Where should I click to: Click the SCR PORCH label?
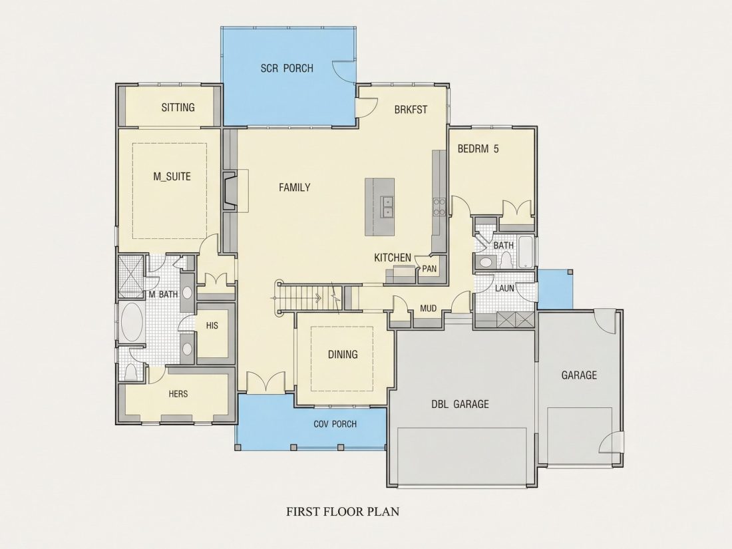tap(287, 68)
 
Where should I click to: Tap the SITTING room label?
tap(178, 107)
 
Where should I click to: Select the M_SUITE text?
tap(172, 176)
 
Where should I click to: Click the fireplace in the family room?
tap(229, 191)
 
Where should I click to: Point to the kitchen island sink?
tap(387, 207)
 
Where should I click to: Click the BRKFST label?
tap(411, 110)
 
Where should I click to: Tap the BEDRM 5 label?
tap(478, 149)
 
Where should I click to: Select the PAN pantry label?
tap(429, 269)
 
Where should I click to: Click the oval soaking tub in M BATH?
tap(132, 322)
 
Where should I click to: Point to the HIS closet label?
tap(212, 325)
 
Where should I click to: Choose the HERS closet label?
tap(178, 394)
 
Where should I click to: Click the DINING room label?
tap(343, 354)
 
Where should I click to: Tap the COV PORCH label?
tap(335, 425)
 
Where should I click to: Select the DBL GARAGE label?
tap(460, 405)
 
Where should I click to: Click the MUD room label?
tap(428, 309)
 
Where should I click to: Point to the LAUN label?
tap(504, 289)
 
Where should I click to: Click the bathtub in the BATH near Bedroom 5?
tap(526, 252)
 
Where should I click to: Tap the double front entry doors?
tap(266, 383)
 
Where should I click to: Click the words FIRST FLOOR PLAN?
tap(343, 512)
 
